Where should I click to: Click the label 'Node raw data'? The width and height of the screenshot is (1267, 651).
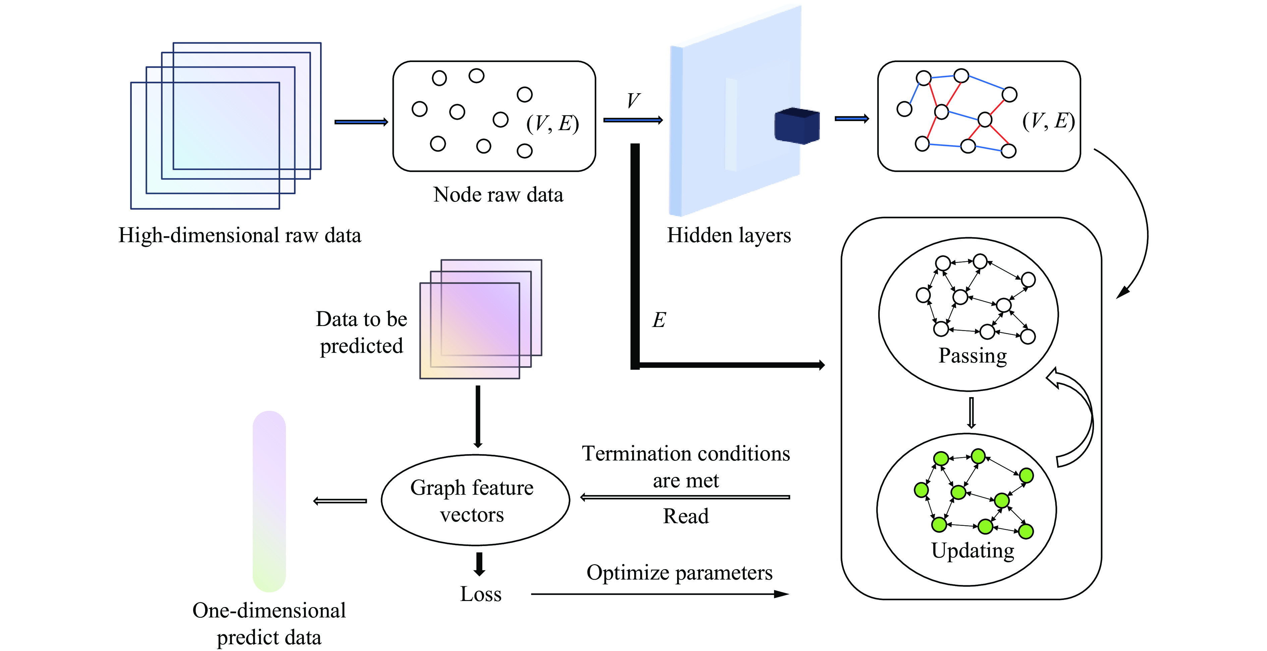498,195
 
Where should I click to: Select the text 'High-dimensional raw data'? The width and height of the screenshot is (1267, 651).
240,235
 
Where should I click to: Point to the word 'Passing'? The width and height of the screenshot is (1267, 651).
972,355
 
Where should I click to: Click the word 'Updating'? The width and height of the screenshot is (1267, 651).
972,550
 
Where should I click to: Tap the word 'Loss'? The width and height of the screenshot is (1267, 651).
481,594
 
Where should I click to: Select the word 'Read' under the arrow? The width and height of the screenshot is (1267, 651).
686,516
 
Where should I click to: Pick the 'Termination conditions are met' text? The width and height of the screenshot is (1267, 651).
686,467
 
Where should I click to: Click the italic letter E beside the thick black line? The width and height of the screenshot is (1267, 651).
659,320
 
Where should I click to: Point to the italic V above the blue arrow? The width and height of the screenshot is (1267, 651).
633,101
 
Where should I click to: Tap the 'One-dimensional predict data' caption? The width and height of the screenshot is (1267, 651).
269,623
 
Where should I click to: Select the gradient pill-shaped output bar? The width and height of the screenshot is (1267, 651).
269,501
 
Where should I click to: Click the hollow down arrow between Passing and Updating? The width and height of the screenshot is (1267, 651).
971,412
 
